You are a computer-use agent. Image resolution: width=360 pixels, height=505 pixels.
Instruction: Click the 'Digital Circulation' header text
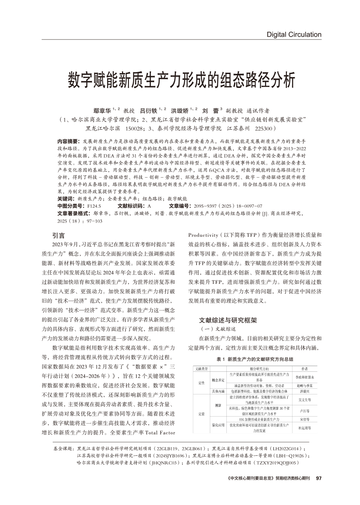tap(293, 34)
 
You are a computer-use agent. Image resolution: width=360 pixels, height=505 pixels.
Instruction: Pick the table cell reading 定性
tap(201, 383)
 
